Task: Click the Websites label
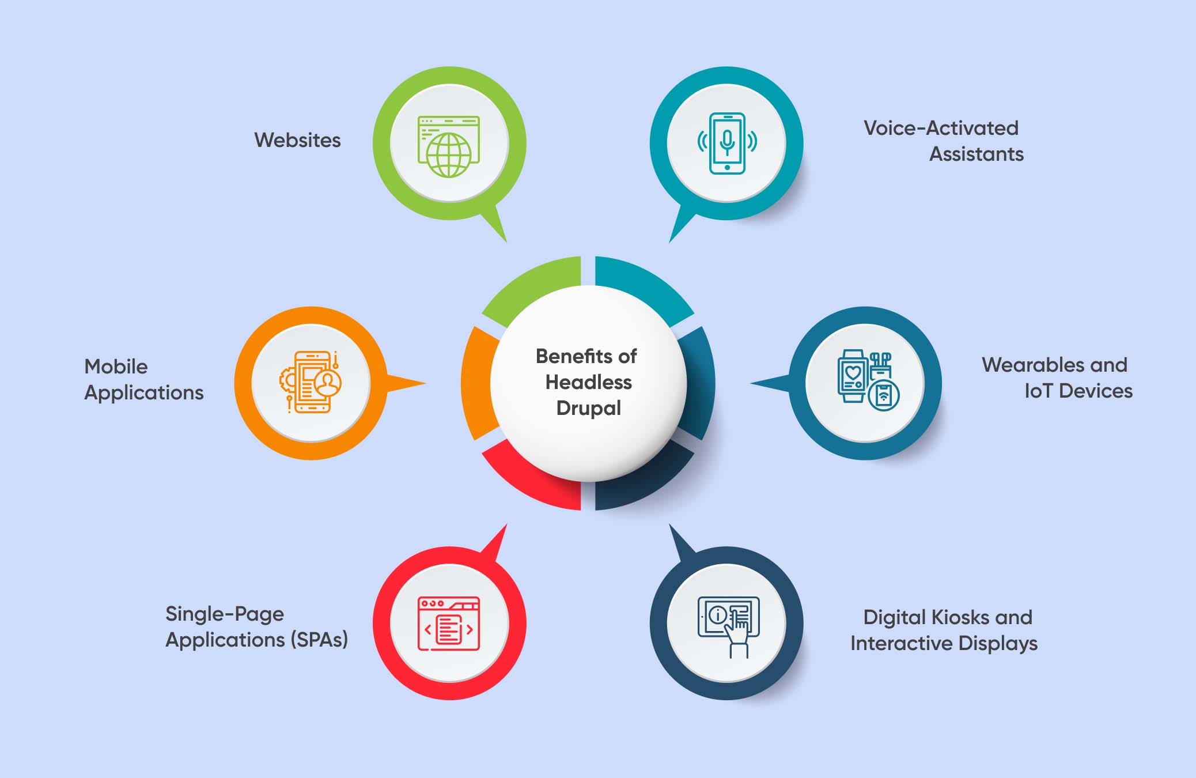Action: pos(297,140)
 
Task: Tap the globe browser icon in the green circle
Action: pos(449,147)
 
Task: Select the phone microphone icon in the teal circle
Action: pos(727,143)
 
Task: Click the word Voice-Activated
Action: pos(941,128)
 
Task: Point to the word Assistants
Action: pos(977,154)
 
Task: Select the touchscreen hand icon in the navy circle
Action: pos(728,627)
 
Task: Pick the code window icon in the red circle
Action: pos(449,624)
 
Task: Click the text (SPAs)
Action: pos(319,640)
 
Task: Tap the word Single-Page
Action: pos(225,614)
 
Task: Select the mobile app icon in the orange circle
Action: pos(311,382)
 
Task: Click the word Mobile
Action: pos(116,367)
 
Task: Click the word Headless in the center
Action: pos(588,382)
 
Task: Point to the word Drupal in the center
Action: pos(588,409)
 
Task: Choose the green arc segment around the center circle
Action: pos(527,285)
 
